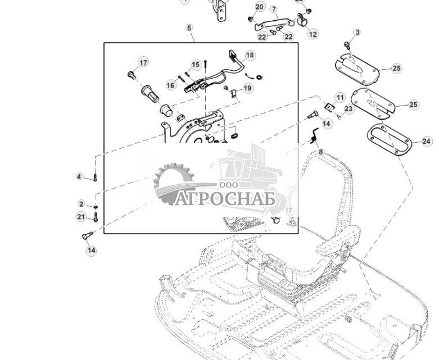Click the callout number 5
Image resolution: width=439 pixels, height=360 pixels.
pos(189,28)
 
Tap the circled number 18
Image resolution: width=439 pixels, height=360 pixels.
pos(250,55)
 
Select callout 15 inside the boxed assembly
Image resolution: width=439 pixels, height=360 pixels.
pos(196,65)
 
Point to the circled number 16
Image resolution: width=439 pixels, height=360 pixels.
pos(171,85)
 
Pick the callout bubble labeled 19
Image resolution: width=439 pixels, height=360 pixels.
pos(247,88)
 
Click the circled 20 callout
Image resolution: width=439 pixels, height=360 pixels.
pos(259,7)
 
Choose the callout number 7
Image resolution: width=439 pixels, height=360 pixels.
pos(274,10)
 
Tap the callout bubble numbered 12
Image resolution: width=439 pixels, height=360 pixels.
pos(313,34)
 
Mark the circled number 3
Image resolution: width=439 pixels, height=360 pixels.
pos(357,33)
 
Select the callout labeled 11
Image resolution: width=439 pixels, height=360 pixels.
pos(340,98)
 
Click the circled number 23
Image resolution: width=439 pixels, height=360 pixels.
pos(349,108)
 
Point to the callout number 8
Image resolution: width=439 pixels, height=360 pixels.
pos(321,152)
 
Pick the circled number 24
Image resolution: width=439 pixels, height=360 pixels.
pos(427,142)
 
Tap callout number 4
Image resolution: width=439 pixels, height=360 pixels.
pos(79,177)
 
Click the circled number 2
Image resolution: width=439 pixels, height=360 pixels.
pos(82,204)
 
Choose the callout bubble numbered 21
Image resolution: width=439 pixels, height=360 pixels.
pos(81,217)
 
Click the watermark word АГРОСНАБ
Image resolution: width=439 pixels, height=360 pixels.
pos(225,199)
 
